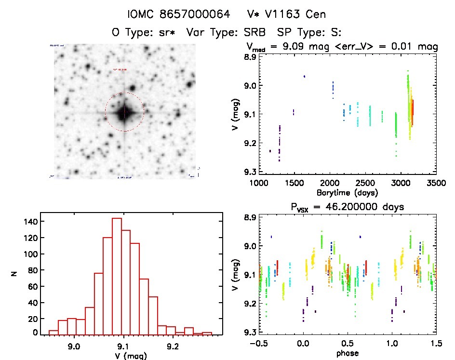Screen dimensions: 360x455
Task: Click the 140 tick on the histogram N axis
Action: [29, 222]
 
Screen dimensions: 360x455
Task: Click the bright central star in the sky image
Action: [124, 113]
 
